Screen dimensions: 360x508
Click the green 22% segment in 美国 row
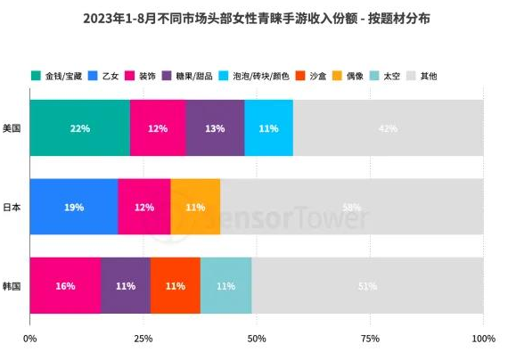click(79, 128)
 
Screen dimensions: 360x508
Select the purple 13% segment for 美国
click(215, 128)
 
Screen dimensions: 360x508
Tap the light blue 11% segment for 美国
click(268, 128)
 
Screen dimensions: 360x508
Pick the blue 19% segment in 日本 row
click(73, 207)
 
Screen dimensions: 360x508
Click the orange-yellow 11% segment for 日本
click(195, 207)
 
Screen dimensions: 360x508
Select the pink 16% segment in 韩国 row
click(65, 286)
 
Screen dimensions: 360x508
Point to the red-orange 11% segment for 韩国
click(175, 286)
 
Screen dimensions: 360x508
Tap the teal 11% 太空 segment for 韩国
click(225, 286)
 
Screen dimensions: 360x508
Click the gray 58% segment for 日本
click(351, 207)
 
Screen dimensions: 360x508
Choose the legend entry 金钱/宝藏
click(62, 76)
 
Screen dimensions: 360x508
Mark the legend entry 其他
click(427, 76)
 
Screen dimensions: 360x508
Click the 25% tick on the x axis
click(143, 340)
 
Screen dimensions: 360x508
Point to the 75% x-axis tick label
click(370, 340)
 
